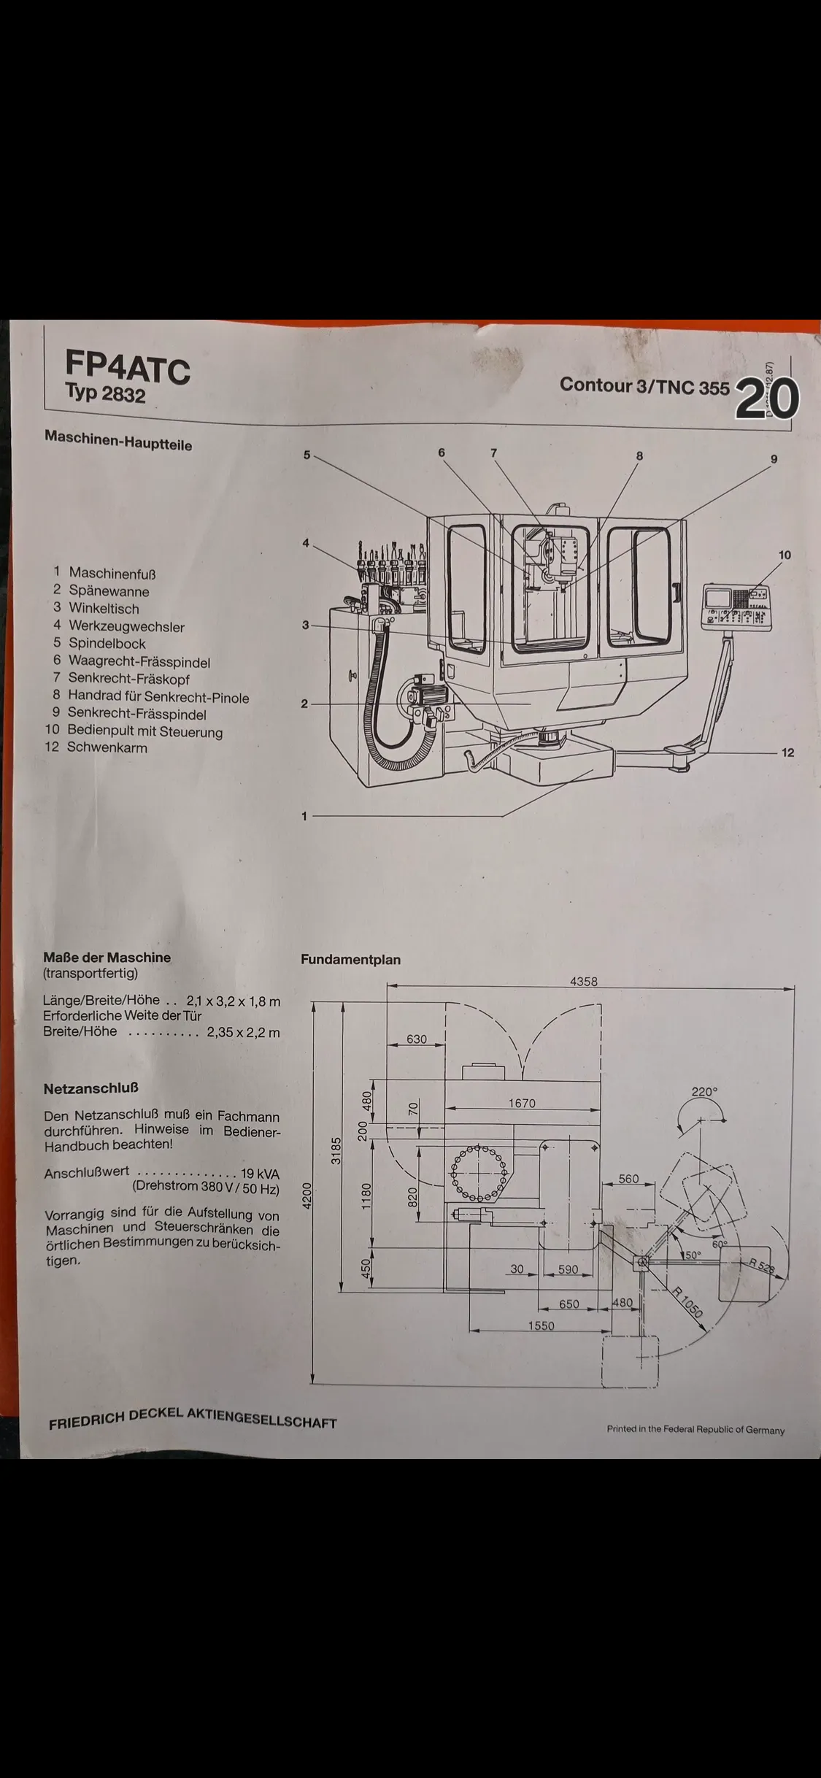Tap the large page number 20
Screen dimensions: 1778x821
click(767, 399)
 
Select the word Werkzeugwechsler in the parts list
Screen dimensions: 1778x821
click(126, 626)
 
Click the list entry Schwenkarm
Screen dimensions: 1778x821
click(107, 747)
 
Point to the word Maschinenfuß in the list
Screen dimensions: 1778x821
click(112, 574)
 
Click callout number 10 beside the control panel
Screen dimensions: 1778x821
click(785, 555)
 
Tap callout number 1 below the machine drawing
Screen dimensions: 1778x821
click(304, 816)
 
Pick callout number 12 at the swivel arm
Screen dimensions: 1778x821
click(787, 753)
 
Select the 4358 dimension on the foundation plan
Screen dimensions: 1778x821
click(583, 982)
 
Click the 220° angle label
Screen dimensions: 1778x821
click(704, 1092)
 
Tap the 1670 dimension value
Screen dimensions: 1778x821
click(522, 1103)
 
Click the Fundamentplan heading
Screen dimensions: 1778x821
click(350, 960)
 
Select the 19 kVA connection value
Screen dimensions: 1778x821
click(260, 1174)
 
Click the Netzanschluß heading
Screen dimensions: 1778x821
click(90, 1088)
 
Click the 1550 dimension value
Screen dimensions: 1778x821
click(541, 1325)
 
